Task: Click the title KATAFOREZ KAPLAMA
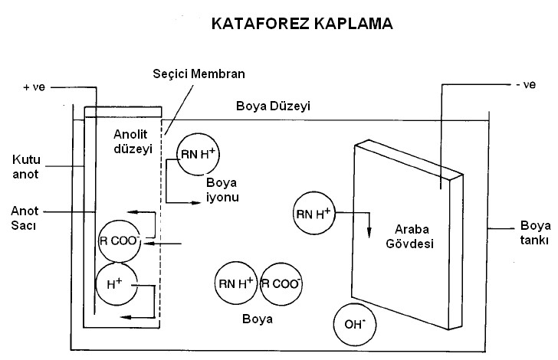click(302, 24)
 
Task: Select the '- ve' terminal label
click(524, 84)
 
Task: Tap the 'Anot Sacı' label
click(27, 218)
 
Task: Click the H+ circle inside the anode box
click(116, 283)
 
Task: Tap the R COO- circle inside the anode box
click(118, 240)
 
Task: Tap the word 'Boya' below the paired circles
click(258, 317)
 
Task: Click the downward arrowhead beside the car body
click(370, 233)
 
